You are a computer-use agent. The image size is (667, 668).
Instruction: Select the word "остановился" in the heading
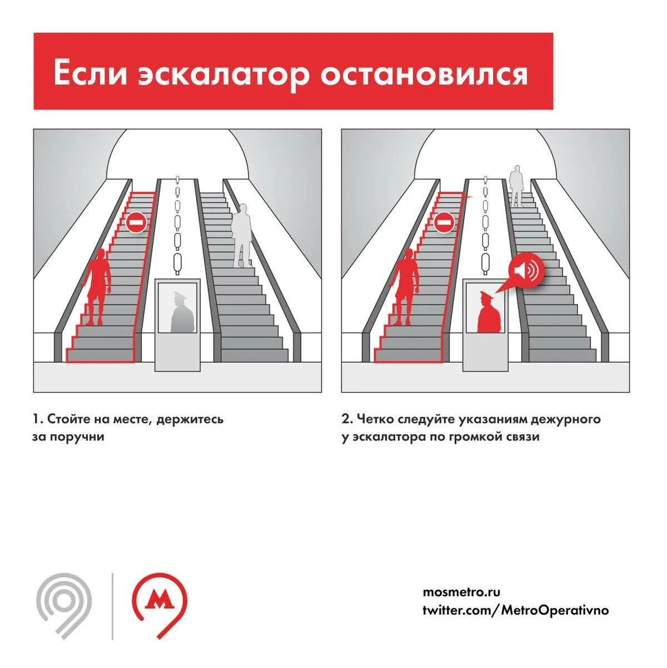(x=423, y=73)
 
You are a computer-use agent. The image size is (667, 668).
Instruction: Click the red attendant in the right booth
(x=490, y=313)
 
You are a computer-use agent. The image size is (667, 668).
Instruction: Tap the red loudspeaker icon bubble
(x=526, y=271)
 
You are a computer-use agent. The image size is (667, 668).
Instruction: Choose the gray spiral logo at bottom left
(x=64, y=604)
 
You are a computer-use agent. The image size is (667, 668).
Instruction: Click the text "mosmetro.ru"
(x=457, y=592)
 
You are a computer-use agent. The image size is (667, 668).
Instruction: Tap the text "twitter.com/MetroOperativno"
(x=516, y=610)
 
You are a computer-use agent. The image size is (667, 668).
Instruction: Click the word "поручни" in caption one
(x=78, y=436)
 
